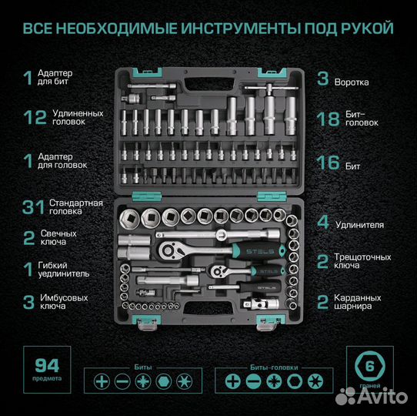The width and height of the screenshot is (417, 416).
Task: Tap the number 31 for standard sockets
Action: click(x=32, y=206)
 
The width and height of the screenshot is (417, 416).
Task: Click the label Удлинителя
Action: click(x=362, y=224)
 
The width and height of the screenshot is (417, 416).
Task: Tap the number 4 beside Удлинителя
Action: click(x=324, y=223)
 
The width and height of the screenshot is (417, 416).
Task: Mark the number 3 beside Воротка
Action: click(x=323, y=79)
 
